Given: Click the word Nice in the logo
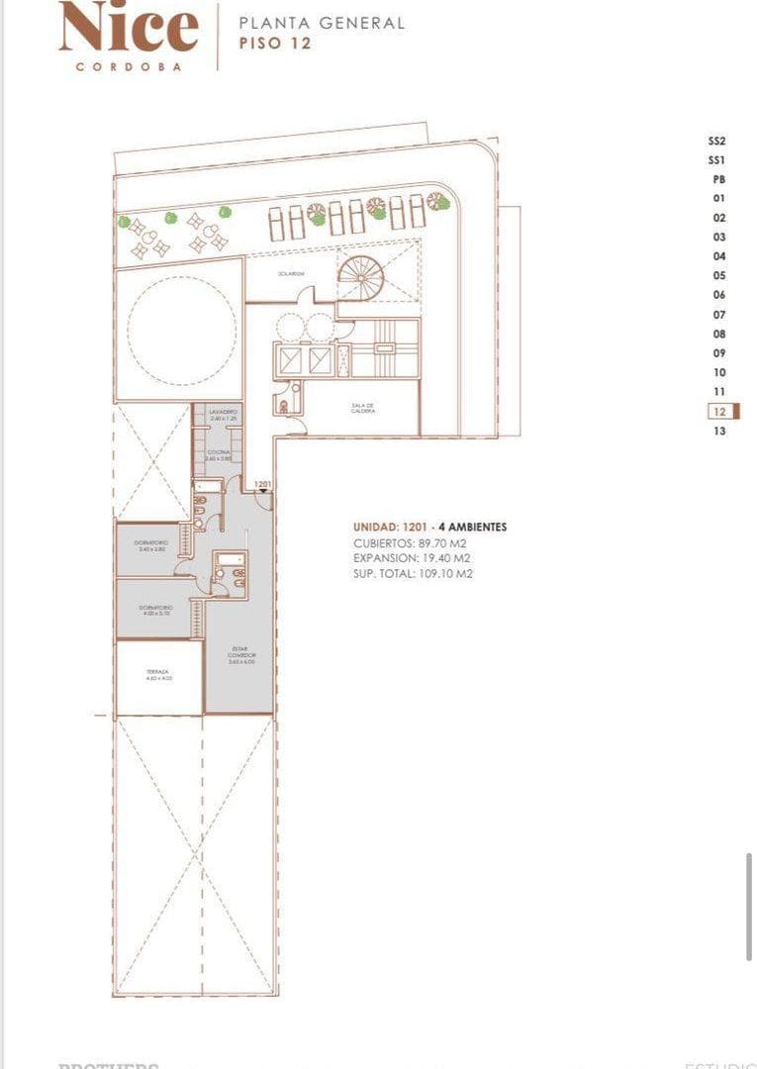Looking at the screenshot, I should coord(129,29).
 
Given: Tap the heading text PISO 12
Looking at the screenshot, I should coord(275,43).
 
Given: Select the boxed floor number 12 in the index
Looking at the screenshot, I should coord(719,411).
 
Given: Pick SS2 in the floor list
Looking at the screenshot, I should coord(717,141).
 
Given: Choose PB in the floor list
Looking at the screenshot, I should coord(718,179).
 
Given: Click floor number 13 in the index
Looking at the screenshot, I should coord(719,431).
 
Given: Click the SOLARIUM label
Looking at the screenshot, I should coord(289,274).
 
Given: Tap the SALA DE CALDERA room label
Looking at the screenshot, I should coord(362,408).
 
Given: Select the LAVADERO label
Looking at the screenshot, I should coord(222,412).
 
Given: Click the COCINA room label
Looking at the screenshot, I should coord(219,454).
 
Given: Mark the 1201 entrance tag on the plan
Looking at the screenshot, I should coord(262,484).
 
